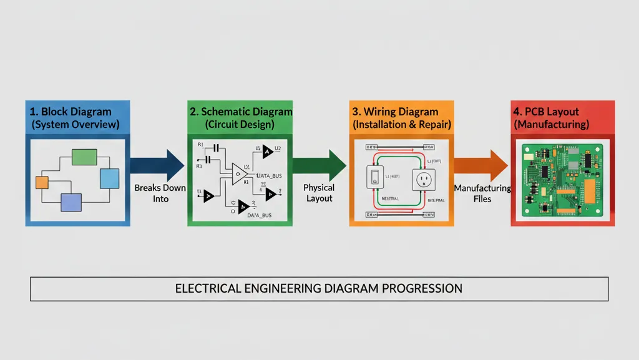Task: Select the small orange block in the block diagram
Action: (x=42, y=182)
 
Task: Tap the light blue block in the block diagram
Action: (x=109, y=178)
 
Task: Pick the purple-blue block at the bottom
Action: (x=71, y=202)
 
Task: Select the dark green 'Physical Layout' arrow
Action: (x=319, y=165)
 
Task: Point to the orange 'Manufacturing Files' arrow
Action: (x=480, y=165)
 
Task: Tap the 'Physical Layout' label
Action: (x=319, y=193)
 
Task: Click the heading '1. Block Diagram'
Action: (x=71, y=112)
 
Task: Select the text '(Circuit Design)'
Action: (x=239, y=124)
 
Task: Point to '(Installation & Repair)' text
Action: (x=401, y=124)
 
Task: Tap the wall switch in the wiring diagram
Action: (x=375, y=177)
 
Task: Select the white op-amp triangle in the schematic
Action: (x=239, y=174)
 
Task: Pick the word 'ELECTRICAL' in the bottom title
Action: (x=207, y=289)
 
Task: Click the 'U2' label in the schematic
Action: (x=278, y=148)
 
